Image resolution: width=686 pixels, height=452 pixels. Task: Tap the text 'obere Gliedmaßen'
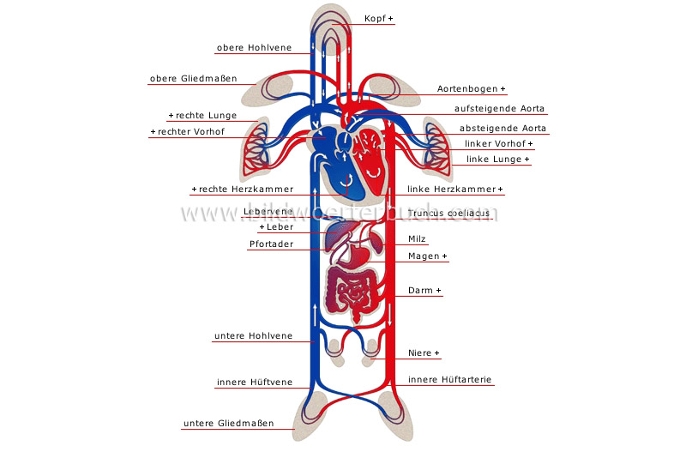[192, 79]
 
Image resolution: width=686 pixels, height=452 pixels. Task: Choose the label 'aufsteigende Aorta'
[500, 109]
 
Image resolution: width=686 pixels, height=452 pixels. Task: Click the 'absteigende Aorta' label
[502, 129]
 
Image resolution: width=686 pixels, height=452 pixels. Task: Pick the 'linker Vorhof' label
[498, 143]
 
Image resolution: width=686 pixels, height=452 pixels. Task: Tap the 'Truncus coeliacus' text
[448, 213]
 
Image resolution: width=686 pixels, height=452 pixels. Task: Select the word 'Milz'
[418, 239]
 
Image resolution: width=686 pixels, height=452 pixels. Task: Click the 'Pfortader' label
[271, 244]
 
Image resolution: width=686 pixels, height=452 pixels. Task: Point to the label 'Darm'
[424, 291]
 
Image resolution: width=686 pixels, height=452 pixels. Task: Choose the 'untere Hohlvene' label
[253, 336]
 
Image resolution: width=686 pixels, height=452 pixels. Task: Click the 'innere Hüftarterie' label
[450, 379]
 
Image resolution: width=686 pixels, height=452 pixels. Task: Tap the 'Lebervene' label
[268, 211]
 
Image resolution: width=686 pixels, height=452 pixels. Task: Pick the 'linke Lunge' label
[497, 159]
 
